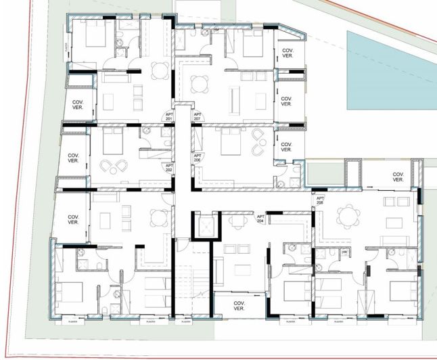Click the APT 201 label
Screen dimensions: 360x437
point(169,116)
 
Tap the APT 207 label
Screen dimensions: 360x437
point(198,116)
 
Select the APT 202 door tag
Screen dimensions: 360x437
point(169,167)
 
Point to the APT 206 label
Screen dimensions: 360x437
point(198,157)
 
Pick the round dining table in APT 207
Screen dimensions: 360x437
point(200,84)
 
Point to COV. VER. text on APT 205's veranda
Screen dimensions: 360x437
point(398,177)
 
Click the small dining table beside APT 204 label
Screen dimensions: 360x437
point(236,223)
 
